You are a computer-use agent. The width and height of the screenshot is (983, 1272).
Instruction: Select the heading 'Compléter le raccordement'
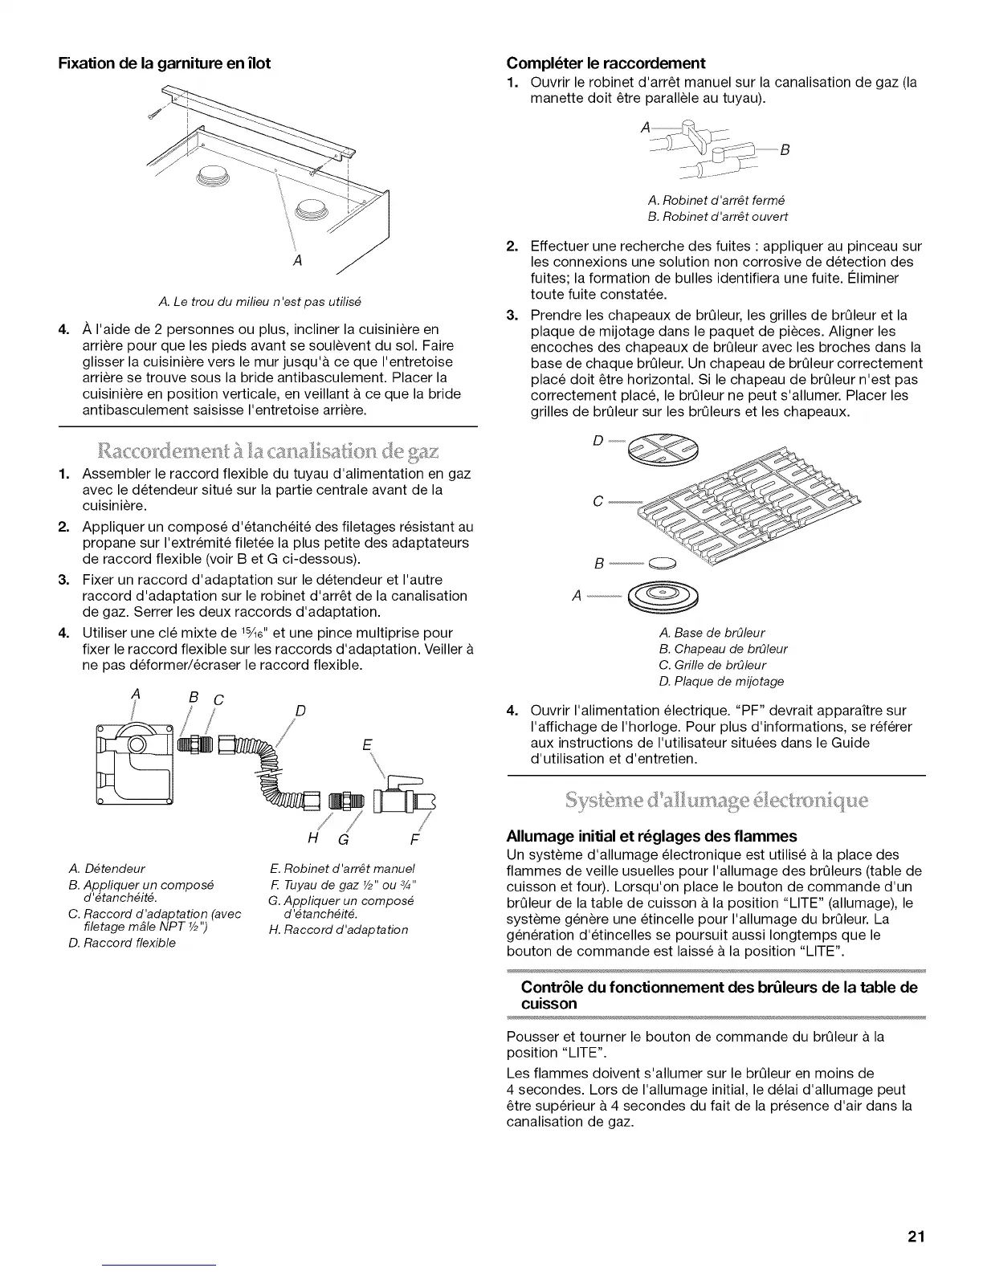tap(606, 63)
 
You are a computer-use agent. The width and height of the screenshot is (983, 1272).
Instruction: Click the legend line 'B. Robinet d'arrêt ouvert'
tap(717, 217)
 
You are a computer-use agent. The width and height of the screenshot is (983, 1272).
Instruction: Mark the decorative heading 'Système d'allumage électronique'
tap(716, 801)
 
